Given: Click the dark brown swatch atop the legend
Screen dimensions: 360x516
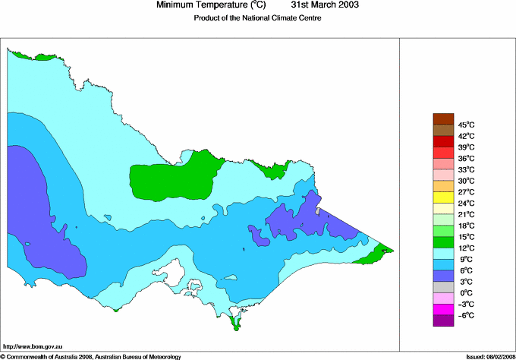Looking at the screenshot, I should point(442,118).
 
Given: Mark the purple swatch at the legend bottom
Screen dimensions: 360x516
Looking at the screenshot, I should point(442,321).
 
